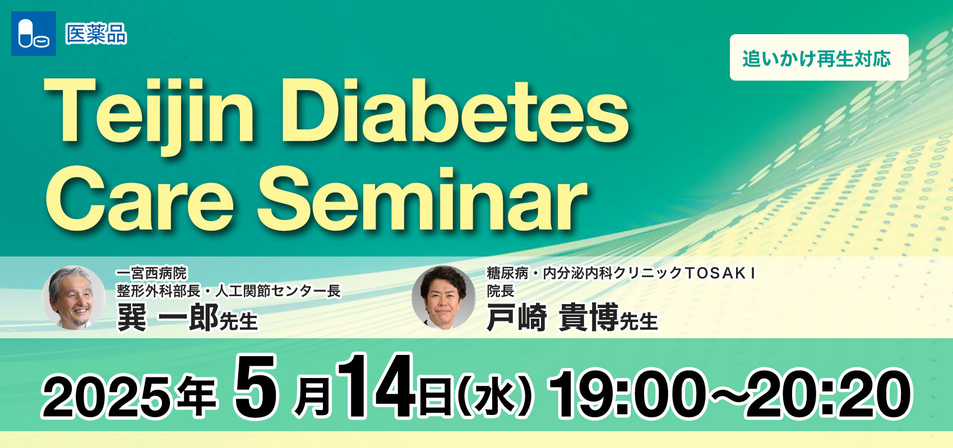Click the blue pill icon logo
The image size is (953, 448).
[x=34, y=34]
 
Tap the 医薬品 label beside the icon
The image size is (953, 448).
[x=96, y=34]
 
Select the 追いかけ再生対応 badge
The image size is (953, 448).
[x=819, y=58]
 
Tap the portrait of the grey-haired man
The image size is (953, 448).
[x=73, y=297]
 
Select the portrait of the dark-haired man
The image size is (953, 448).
[x=443, y=297]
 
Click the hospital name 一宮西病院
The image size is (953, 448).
[x=151, y=273]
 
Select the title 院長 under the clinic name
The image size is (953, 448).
[x=500, y=291]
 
